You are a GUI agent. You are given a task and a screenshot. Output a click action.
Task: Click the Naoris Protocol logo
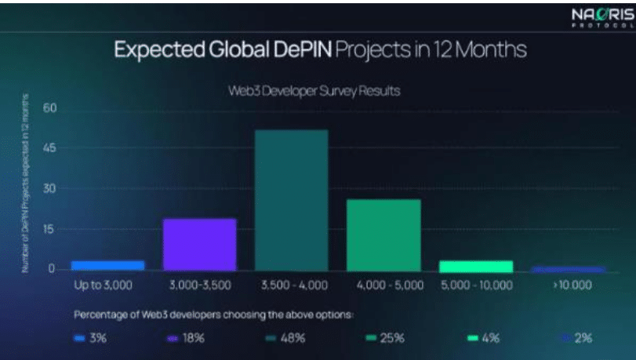coord(599,18)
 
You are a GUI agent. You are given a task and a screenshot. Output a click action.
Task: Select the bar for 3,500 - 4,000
coord(291,199)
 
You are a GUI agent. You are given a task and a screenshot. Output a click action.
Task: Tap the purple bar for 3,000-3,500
coord(199,244)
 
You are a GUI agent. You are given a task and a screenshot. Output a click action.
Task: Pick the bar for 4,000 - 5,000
coord(383,234)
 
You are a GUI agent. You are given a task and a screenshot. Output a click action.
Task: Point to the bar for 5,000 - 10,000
coord(475,265)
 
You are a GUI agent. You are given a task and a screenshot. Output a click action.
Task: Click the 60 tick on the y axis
coord(50,107)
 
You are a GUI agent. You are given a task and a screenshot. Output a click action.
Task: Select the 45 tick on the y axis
coord(50,147)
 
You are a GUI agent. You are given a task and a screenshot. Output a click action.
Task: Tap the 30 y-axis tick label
coord(50,188)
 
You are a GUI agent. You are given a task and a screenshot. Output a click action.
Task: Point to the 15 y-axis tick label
coord(50,229)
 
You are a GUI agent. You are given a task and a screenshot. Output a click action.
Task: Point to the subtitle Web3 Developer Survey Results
coord(314,91)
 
